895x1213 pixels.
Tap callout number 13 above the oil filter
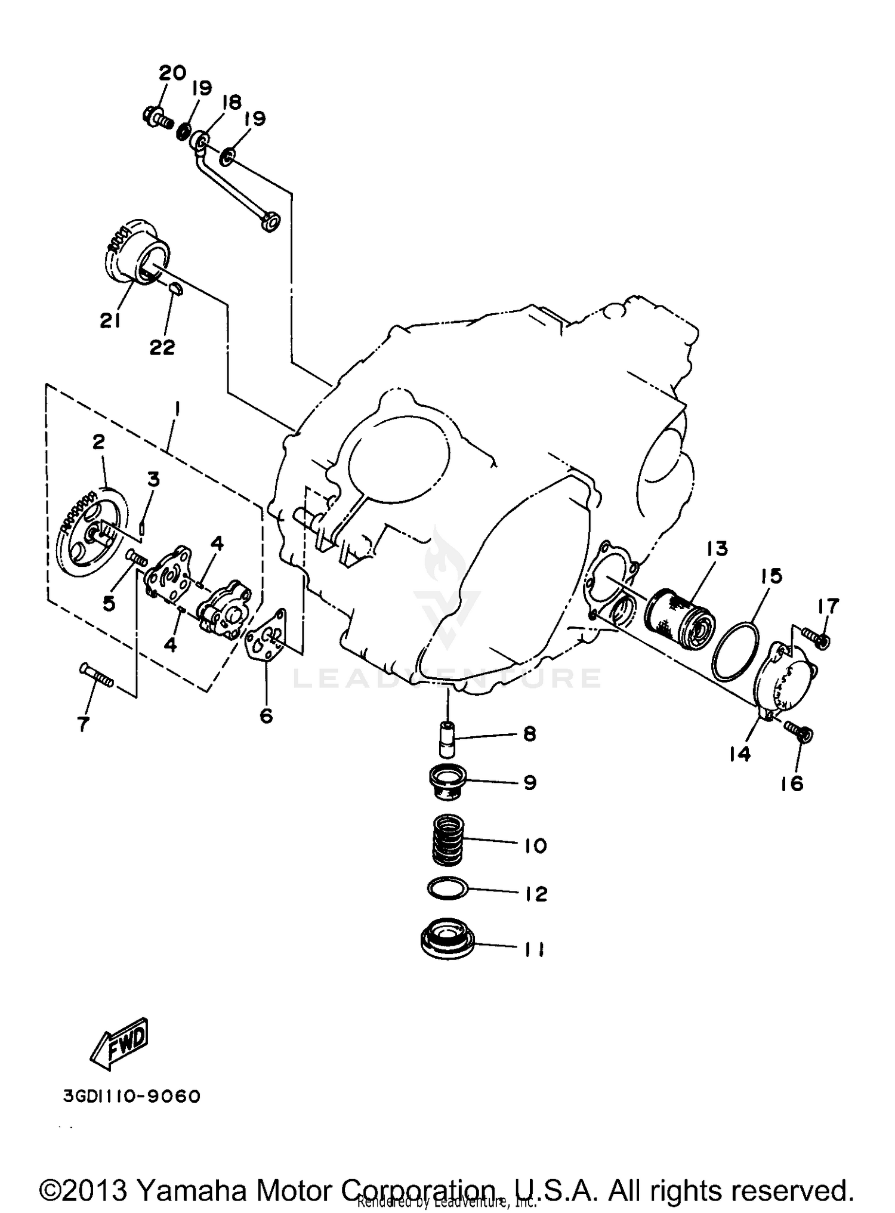(717, 548)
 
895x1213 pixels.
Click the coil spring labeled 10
(448, 840)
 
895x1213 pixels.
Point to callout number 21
(111, 320)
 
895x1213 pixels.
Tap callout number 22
(162, 347)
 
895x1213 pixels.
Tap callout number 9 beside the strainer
(530, 782)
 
